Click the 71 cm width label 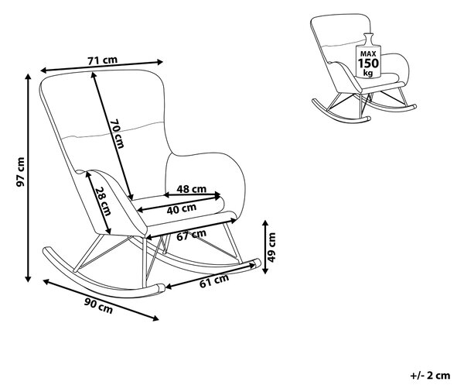tap(102, 60)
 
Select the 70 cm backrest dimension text tap(118, 133)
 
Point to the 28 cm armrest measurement tap(103, 201)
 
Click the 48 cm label tap(192, 189)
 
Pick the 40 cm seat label tap(182, 209)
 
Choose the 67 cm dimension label tap(192, 235)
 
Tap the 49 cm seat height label tap(271, 248)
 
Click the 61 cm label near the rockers tap(214, 280)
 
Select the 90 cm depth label tap(98, 306)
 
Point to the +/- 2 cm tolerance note tap(430, 376)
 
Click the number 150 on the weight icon tap(368, 64)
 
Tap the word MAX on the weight tap(368, 54)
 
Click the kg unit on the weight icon tap(368, 73)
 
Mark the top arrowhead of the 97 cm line tap(28, 77)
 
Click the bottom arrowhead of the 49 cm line tap(265, 270)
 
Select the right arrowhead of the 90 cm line tap(155, 318)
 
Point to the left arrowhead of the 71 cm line tap(43, 70)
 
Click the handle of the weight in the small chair tap(368, 39)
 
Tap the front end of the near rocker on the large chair tap(162, 287)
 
